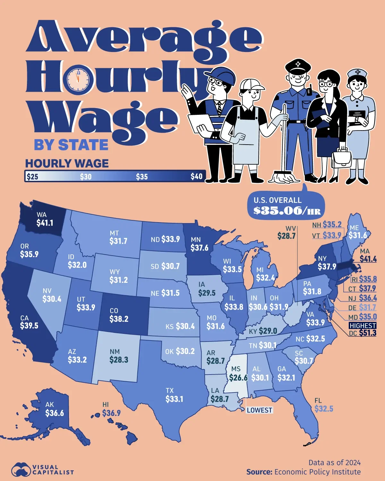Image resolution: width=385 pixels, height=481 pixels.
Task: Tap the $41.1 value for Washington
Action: pos(45,223)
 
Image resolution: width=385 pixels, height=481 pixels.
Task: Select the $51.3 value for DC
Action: pos(368,333)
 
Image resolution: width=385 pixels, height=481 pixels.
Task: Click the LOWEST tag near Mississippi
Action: pos(259,410)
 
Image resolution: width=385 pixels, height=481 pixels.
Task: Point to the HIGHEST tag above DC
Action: pos(363,325)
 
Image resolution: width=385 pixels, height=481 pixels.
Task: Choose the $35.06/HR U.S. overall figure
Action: pos(287,211)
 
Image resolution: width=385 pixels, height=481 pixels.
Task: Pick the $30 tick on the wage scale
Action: pos(86,177)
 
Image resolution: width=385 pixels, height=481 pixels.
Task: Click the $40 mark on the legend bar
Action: pos(196,176)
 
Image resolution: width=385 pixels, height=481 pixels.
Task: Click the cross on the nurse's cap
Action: pos(358,72)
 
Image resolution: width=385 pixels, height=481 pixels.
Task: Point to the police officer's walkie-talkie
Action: pos(310,91)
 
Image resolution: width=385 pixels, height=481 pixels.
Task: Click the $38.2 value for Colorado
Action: pos(119,319)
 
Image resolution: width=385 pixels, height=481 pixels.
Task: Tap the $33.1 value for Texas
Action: pos(174,399)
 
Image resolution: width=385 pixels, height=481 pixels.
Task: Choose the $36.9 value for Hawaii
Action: pos(111,413)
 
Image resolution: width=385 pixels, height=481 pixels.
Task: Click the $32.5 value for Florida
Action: pos(324,409)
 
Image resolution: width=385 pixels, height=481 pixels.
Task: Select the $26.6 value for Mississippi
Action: pos(238,378)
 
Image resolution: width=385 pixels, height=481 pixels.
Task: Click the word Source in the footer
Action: pos(259,472)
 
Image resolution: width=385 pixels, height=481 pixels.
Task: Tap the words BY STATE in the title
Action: pos(71,145)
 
